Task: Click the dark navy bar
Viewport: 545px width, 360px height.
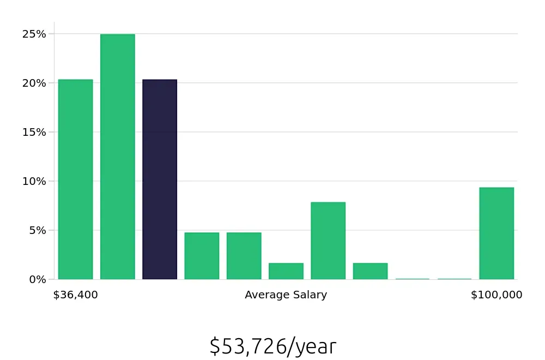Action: (x=160, y=179)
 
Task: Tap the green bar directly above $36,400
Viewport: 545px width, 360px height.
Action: (x=76, y=179)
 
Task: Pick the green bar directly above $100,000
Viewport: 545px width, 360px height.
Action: (x=496, y=233)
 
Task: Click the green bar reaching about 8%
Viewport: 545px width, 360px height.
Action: (x=328, y=241)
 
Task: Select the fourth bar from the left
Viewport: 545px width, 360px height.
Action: (x=202, y=256)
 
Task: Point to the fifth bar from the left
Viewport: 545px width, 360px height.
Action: (x=244, y=256)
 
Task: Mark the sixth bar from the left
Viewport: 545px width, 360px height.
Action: (x=286, y=271)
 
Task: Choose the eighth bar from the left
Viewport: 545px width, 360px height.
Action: (x=370, y=271)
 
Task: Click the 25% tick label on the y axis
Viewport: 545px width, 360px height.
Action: (x=34, y=34)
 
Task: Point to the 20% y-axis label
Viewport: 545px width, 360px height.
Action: (x=34, y=83)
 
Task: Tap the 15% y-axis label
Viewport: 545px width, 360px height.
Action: (x=34, y=132)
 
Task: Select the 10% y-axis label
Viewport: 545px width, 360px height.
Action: (x=34, y=181)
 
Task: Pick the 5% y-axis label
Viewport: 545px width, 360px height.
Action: (x=37, y=230)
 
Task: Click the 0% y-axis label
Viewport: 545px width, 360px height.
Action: (x=37, y=279)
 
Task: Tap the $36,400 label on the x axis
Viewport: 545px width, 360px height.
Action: (x=75, y=295)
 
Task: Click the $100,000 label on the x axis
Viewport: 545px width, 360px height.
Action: (x=496, y=295)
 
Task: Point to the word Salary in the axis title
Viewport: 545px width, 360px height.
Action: (x=310, y=295)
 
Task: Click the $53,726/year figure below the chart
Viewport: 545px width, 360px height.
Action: (x=272, y=346)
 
